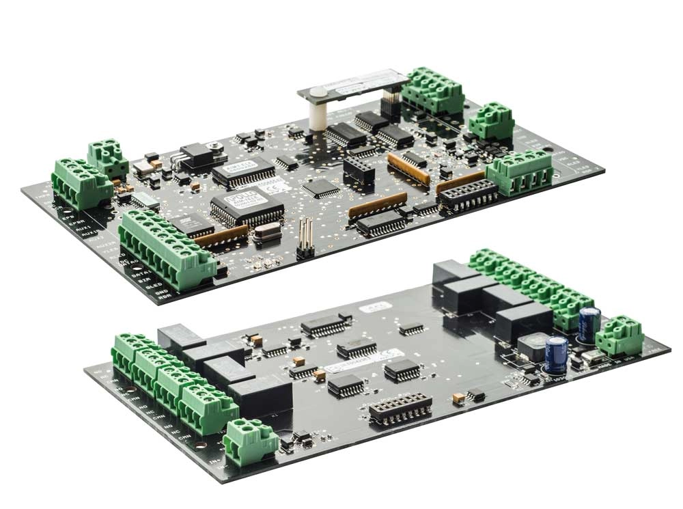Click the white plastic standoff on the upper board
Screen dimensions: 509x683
316,116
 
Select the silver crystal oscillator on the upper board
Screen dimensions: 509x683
267,232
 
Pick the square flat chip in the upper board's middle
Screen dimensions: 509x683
320,187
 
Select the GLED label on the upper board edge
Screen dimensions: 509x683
153,287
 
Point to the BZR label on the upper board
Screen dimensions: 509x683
145,279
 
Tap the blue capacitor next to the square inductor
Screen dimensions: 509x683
556,353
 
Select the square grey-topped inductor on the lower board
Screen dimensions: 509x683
531,346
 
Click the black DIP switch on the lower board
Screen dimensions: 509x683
400,408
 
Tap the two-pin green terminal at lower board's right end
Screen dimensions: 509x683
619,335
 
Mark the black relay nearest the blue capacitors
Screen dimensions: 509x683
522,321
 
